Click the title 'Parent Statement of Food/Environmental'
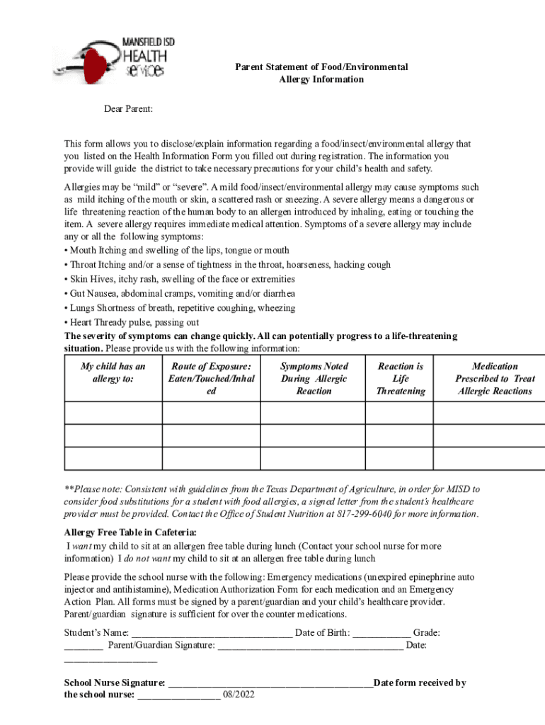(x=321, y=67)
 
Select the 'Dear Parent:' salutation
(x=129, y=109)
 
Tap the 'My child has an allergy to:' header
(x=113, y=372)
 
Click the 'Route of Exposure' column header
(x=211, y=378)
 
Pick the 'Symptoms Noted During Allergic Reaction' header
(x=314, y=378)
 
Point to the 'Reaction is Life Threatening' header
(x=401, y=378)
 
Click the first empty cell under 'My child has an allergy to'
(x=113, y=413)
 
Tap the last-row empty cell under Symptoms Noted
(x=314, y=458)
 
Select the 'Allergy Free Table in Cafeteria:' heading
(x=131, y=532)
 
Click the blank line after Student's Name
(x=212, y=632)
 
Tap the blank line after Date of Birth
(x=381, y=632)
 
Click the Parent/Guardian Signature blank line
(x=311, y=646)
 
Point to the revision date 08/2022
(x=239, y=695)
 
